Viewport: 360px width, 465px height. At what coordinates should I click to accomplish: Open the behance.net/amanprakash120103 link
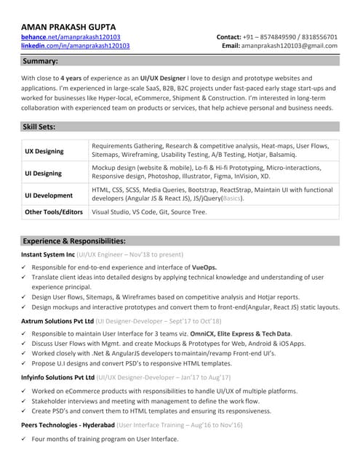pyautogui.click(x=71, y=36)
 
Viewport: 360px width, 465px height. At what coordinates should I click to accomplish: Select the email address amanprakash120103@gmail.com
pyautogui.click(x=289, y=46)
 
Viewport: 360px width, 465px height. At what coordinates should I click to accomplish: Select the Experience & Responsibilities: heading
pyautogui.click(x=74, y=240)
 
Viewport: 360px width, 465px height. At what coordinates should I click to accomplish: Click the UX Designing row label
pyautogui.click(x=44, y=151)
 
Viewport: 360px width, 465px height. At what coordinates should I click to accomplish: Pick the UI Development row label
pyautogui.click(x=49, y=195)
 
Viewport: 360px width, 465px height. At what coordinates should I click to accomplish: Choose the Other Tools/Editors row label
pyautogui.click(x=54, y=212)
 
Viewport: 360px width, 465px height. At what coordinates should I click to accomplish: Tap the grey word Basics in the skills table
pyautogui.click(x=232, y=198)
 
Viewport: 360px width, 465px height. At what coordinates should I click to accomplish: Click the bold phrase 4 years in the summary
pyautogui.click(x=71, y=78)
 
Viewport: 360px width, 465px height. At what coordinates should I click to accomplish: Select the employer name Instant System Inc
pyautogui.click(x=48, y=255)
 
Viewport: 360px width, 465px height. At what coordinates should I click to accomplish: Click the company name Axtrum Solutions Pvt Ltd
pyautogui.click(x=57, y=320)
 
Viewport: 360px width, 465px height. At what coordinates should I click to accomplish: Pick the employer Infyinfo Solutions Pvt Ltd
pyautogui.click(x=58, y=378)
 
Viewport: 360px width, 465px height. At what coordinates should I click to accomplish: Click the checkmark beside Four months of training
pyautogui.click(x=25, y=439)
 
